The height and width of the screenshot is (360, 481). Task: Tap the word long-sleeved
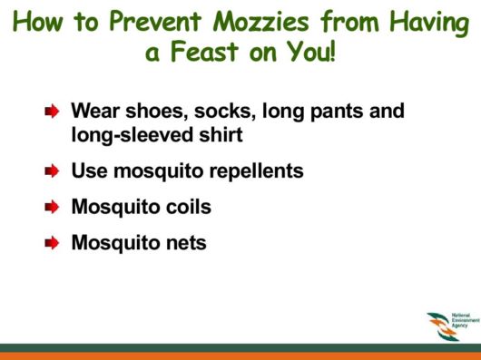point(133,135)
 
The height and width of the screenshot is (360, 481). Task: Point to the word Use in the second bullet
point(88,171)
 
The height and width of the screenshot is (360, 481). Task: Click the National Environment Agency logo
point(449,326)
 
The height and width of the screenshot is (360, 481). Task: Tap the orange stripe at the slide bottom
point(240,355)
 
